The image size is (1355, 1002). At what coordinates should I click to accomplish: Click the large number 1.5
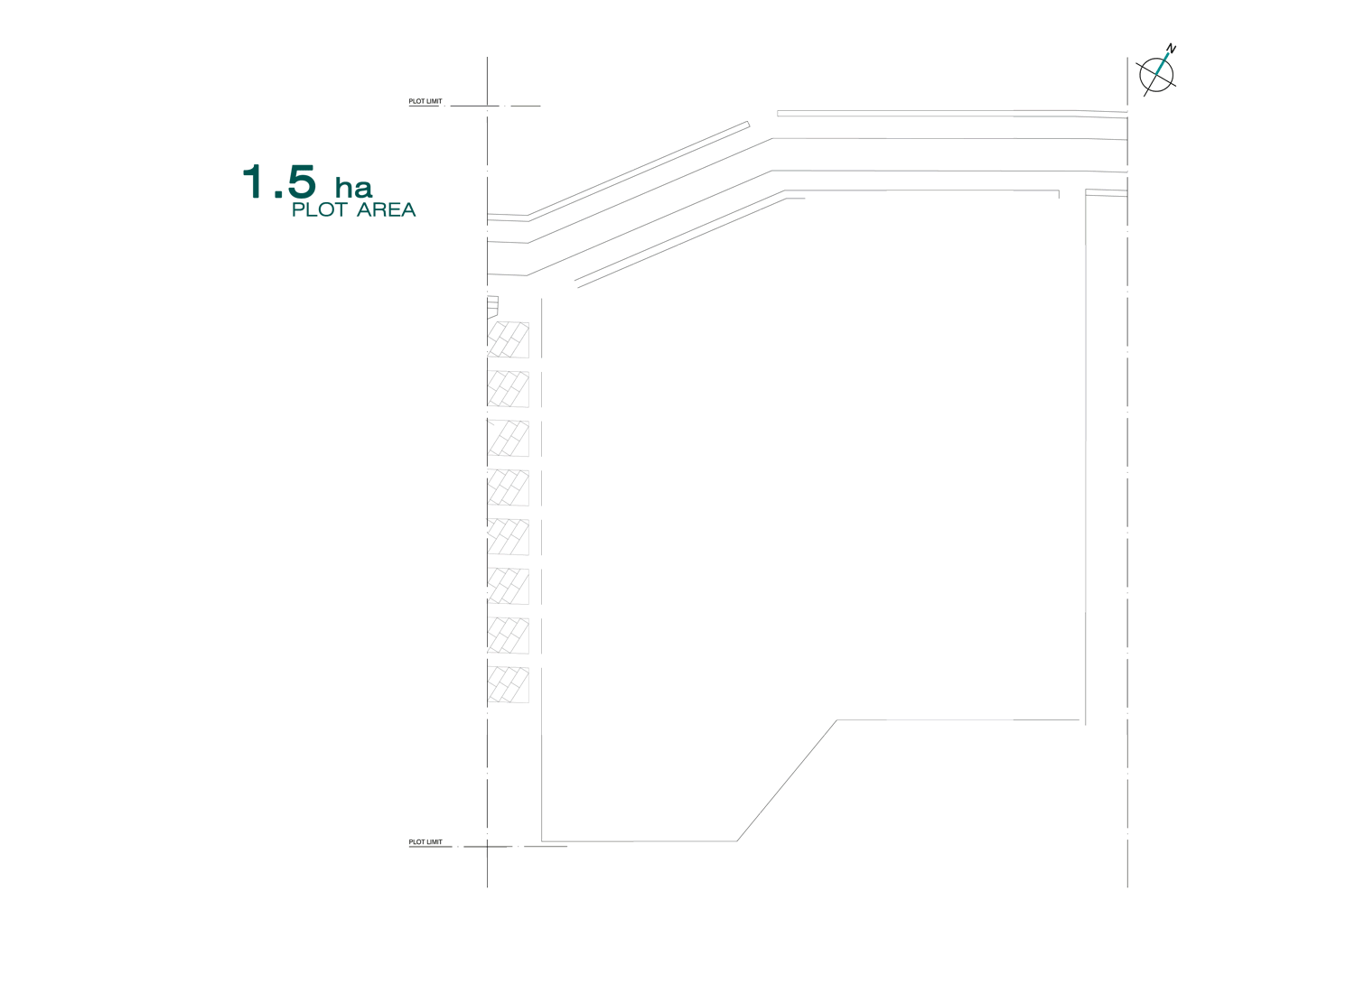coord(279,181)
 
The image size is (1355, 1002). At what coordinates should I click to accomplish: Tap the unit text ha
coord(353,188)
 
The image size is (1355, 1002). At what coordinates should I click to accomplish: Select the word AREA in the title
coord(386,210)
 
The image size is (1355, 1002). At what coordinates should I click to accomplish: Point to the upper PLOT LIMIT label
coord(425,102)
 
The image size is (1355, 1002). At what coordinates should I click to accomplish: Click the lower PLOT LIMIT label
coord(425,842)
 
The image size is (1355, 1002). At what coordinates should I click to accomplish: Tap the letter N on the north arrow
coord(1171,49)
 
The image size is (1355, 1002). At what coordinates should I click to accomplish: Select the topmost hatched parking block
coord(509,339)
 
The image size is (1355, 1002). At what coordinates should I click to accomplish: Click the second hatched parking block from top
coord(509,389)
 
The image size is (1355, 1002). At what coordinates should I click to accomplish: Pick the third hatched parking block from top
coord(509,438)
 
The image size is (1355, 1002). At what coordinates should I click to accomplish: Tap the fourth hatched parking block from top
coord(509,487)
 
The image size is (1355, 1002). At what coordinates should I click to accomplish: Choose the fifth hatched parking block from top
coord(509,537)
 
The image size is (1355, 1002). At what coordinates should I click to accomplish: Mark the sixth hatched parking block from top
coord(509,586)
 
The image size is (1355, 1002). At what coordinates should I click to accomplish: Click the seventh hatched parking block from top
coord(509,636)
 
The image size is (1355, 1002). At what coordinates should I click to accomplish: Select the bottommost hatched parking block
coord(509,684)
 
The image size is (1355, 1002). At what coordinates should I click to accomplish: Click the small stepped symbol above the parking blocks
coord(492,306)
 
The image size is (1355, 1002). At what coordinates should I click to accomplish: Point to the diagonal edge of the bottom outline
coord(787,781)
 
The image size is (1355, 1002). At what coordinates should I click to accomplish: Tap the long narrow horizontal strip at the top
coord(948,113)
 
